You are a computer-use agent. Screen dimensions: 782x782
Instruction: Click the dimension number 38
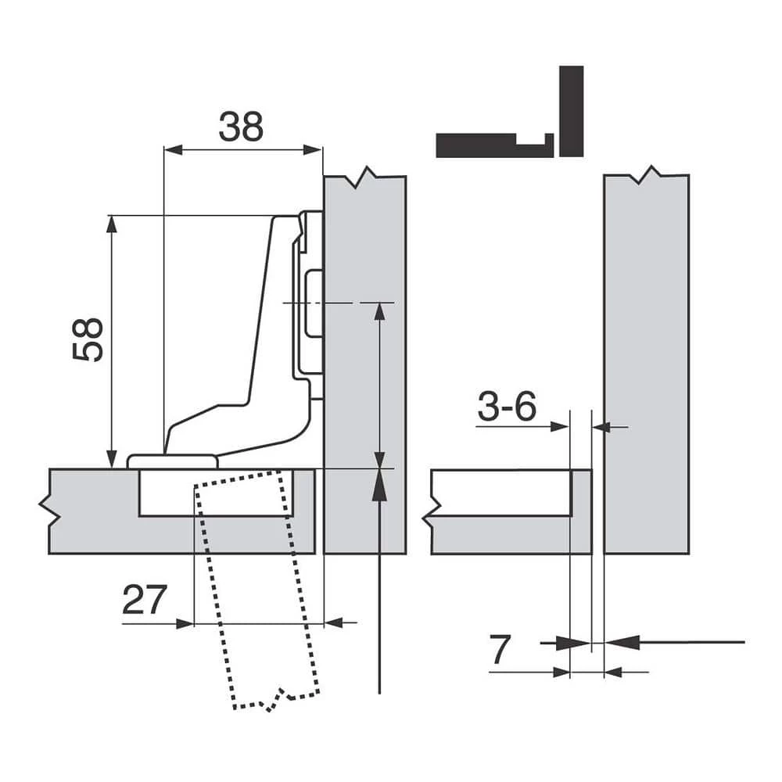(x=240, y=127)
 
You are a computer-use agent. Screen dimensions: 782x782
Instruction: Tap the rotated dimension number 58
(x=89, y=339)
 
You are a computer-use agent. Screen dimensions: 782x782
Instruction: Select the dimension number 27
(x=145, y=600)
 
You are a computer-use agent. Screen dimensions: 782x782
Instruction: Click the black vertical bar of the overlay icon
(x=571, y=111)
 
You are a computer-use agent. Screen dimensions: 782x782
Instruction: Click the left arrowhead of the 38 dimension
(x=170, y=149)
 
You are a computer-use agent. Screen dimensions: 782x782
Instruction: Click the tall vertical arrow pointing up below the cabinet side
(x=378, y=586)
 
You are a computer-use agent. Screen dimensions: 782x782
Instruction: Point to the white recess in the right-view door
(x=500, y=493)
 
